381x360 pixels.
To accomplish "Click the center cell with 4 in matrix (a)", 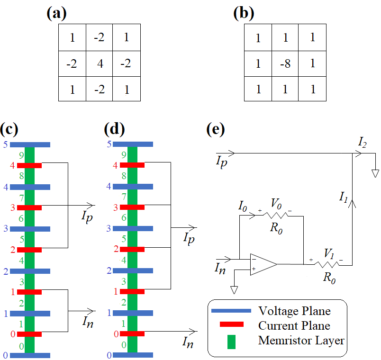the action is coord(100,63).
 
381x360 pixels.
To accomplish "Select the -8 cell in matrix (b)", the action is coord(285,63).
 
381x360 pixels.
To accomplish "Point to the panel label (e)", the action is coord(216,129).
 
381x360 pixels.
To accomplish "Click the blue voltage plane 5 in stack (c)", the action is coord(30,145).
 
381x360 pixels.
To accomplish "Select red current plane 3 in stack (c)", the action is coord(29,207).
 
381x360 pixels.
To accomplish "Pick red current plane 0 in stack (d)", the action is coord(132,334).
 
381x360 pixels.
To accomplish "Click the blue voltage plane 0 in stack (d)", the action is coord(133,355).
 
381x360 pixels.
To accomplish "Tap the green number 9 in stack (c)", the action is coord(21,155).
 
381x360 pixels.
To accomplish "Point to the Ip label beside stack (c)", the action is coord(87,216).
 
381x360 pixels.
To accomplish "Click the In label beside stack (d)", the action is coord(188,342).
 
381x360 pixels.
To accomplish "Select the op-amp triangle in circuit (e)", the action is coord(263,264).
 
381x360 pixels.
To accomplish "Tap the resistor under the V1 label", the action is coord(327,264).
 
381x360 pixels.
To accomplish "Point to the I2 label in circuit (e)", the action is coord(363,143).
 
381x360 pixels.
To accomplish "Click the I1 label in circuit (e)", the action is coord(344,197).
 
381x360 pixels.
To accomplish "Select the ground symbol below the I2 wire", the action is coord(375,174).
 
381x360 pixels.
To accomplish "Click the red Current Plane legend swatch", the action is coord(232,324).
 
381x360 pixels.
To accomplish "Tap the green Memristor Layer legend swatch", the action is coord(231,342).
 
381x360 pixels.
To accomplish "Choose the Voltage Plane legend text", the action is coord(294,311).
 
